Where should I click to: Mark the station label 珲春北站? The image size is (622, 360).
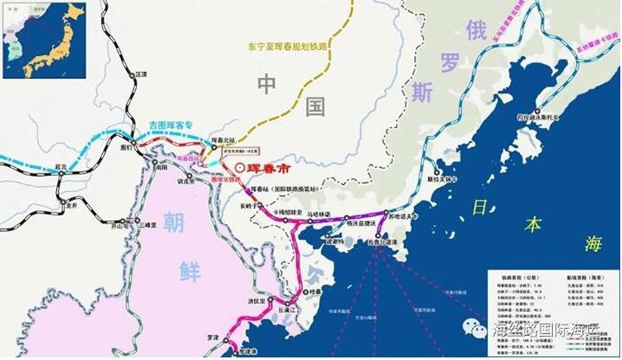pos(229,141)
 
